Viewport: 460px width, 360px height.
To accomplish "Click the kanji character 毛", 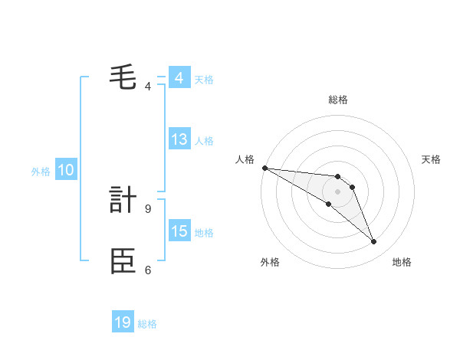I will (x=123, y=78).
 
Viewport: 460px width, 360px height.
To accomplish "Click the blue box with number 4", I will (x=179, y=78).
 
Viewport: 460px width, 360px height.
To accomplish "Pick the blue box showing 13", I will (x=179, y=139).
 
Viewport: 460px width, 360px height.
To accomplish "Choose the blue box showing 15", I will (x=179, y=231).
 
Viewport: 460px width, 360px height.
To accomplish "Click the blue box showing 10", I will (x=65, y=171).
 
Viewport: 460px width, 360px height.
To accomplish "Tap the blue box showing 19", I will (x=123, y=322).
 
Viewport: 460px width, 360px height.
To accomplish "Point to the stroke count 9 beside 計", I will (x=148, y=208).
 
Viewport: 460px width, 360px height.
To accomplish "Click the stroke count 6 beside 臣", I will (x=148, y=270).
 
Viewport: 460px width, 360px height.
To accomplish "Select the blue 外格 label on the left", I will (x=41, y=172).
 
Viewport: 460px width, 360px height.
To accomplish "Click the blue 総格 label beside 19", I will (x=147, y=324).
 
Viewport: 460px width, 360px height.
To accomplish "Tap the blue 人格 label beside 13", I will (x=204, y=141).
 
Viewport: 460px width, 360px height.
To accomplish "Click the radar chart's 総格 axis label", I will (x=338, y=100).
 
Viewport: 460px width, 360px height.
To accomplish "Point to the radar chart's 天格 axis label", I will (x=432, y=159).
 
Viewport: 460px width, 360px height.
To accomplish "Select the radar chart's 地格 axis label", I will (x=402, y=262).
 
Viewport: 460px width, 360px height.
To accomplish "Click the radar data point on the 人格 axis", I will (x=264, y=168).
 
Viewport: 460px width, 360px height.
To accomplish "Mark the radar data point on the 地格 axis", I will (x=373, y=241).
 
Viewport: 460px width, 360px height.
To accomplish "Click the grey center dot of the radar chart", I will (x=338, y=191).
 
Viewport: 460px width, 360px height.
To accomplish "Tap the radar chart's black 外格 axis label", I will (x=270, y=262).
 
